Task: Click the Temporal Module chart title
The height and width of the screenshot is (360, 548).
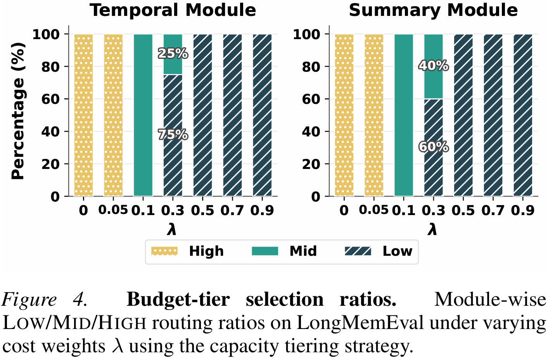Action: [x=173, y=10]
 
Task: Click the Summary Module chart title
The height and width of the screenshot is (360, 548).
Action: [x=433, y=10]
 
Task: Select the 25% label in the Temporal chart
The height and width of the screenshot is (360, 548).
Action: [x=173, y=53]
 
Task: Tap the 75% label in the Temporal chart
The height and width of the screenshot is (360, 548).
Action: [x=173, y=134]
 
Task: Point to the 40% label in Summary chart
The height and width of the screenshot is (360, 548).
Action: [x=433, y=66]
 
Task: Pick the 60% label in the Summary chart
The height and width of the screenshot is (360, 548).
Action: [x=433, y=147]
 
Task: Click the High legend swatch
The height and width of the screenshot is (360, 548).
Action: [x=164, y=251]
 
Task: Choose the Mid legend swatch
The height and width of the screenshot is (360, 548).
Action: [x=265, y=251]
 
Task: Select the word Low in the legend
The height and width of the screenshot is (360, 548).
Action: [x=397, y=251]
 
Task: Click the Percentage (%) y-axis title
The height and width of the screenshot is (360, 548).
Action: [x=18, y=111]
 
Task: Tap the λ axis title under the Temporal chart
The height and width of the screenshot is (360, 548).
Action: [x=172, y=229]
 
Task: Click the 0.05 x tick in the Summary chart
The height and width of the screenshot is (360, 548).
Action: [x=373, y=210]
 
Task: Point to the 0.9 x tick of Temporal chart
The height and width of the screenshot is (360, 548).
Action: [x=262, y=210]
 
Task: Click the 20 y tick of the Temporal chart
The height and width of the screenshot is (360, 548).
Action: [x=51, y=164]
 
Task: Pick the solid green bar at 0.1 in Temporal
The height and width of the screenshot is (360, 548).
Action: [x=143, y=115]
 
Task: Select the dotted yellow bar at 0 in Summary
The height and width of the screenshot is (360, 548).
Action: [x=344, y=115]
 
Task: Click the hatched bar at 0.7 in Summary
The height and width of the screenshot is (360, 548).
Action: [x=493, y=115]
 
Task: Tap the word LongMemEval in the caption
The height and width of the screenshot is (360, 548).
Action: [x=360, y=323]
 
